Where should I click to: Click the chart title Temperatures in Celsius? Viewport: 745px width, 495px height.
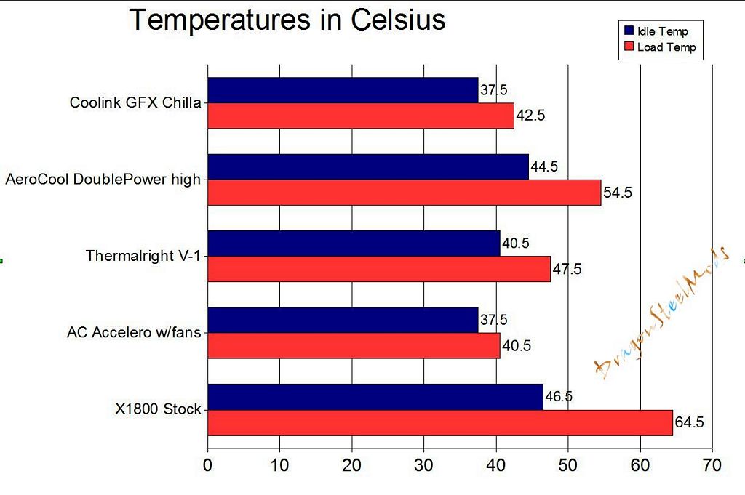click(x=287, y=20)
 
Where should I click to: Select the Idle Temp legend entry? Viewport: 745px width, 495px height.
click(x=661, y=31)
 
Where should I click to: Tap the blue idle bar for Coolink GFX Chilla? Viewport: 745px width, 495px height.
click(x=343, y=90)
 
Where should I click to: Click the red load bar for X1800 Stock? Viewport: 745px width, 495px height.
click(x=440, y=422)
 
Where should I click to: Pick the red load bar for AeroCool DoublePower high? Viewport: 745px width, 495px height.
click(x=405, y=193)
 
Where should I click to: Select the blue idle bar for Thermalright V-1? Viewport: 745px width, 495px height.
click(x=354, y=244)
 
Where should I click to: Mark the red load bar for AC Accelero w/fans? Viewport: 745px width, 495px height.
click(x=354, y=345)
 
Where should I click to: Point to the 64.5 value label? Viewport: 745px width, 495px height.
click(x=689, y=422)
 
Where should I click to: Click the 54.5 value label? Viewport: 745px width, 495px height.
click(x=618, y=193)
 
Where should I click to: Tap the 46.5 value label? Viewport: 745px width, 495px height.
click(x=558, y=396)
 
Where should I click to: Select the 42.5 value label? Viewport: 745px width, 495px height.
click(x=530, y=116)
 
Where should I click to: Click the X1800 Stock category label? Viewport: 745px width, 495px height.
click(x=158, y=409)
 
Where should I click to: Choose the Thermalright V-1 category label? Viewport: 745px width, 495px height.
click(x=143, y=256)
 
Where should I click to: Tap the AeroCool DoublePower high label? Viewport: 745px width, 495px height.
click(x=103, y=179)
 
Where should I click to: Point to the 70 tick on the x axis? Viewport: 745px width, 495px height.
click(x=712, y=465)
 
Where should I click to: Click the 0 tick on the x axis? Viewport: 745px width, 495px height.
click(x=208, y=465)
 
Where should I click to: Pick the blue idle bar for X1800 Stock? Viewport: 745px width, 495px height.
click(x=375, y=396)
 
